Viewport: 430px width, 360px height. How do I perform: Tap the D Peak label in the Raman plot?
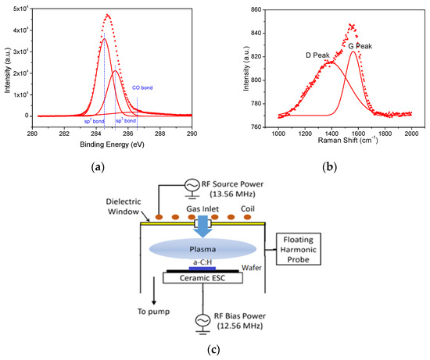[320, 55]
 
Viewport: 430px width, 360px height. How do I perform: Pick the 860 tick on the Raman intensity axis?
[260, 9]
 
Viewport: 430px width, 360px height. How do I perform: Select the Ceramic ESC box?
[201, 278]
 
